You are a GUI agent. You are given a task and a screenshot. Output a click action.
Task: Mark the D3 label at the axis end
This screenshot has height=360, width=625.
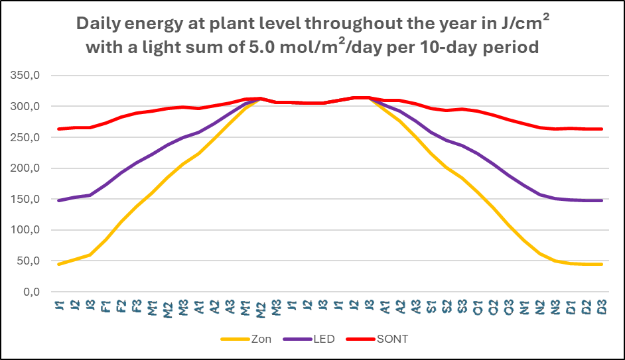601,307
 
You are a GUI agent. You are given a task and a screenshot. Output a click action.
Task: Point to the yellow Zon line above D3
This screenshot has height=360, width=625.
601,265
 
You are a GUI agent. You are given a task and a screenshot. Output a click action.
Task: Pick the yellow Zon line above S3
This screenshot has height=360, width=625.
462,178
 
